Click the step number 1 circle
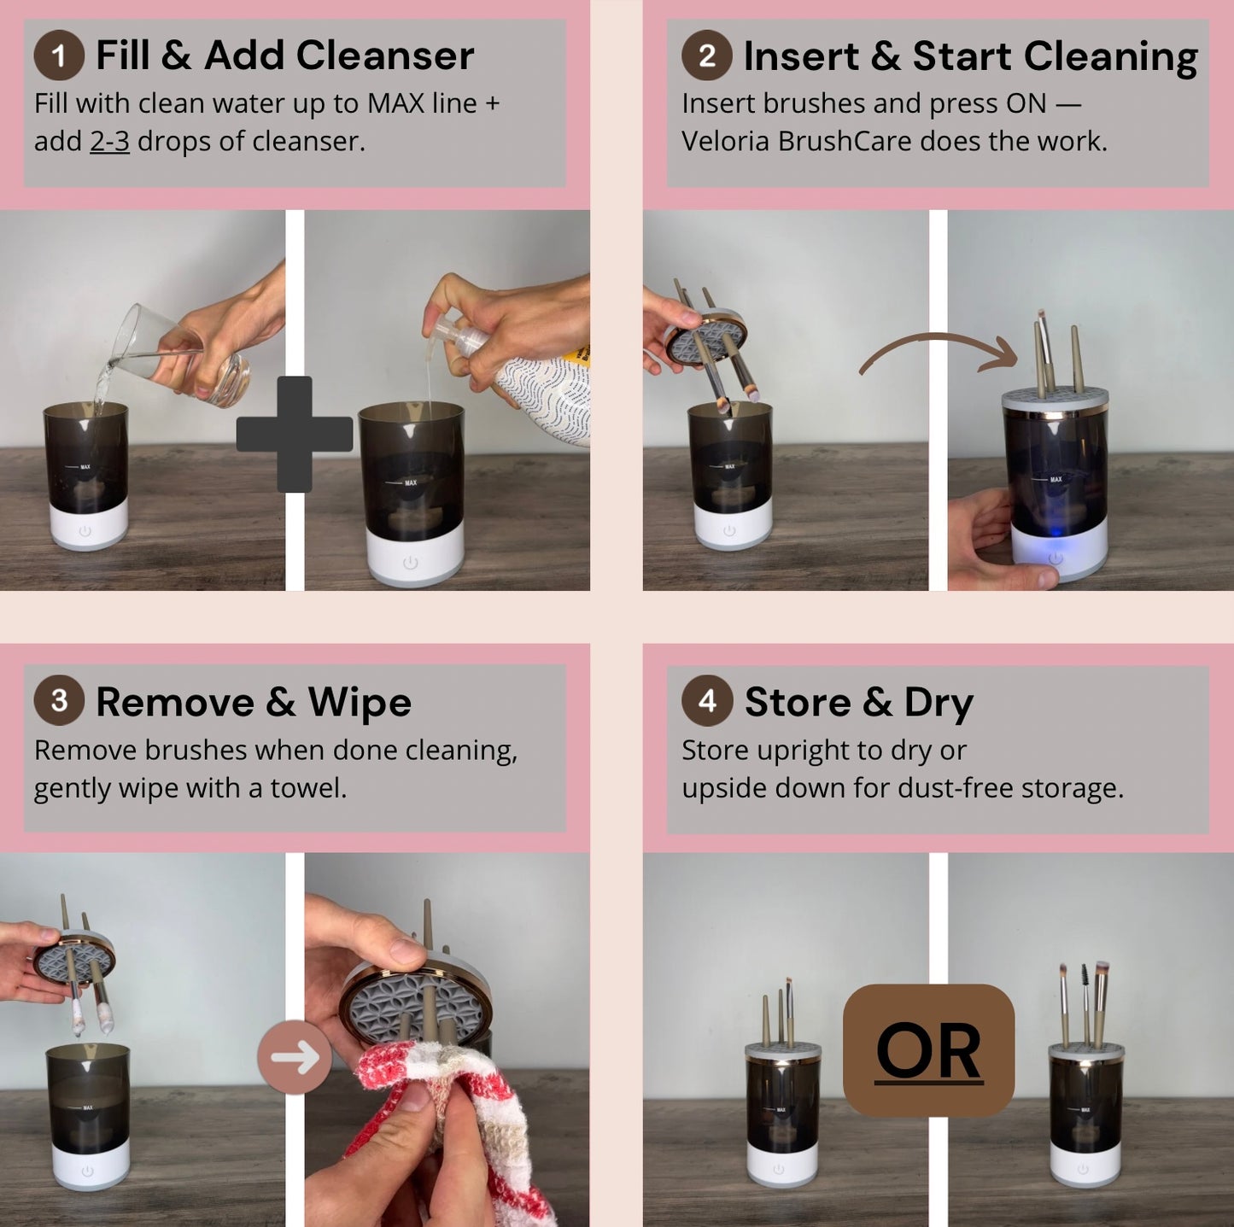coord(58,56)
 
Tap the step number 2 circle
coord(706,56)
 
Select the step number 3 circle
coord(58,701)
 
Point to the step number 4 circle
coord(706,701)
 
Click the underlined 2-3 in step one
coord(109,142)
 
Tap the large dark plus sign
coord(294,434)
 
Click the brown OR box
coord(928,1050)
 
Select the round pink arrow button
coord(295,1057)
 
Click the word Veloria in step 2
coord(725,142)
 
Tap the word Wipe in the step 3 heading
coord(360,703)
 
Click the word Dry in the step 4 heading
coord(939,703)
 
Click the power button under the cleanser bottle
coord(410,563)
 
